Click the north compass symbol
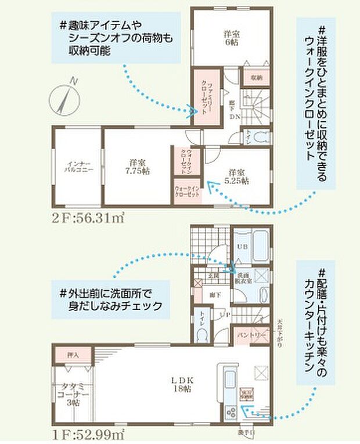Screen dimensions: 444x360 66,96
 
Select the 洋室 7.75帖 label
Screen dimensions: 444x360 137,166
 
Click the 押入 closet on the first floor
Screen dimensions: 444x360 73,353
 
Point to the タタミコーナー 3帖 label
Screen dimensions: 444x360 73,395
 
